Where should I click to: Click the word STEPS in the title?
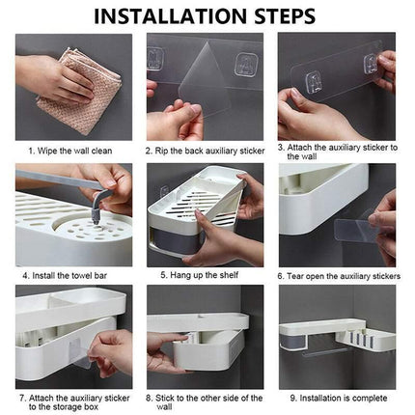285,16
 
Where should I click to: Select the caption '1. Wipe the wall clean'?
70,151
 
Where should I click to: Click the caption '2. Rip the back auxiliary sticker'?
205,151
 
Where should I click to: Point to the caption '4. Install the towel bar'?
65,276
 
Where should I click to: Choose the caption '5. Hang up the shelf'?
200,275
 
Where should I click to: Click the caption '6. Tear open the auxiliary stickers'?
339,276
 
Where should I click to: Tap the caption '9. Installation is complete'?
339,399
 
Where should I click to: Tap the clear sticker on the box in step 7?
79,354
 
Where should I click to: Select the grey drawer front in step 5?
177,238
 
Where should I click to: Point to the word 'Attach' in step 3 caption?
299,148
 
